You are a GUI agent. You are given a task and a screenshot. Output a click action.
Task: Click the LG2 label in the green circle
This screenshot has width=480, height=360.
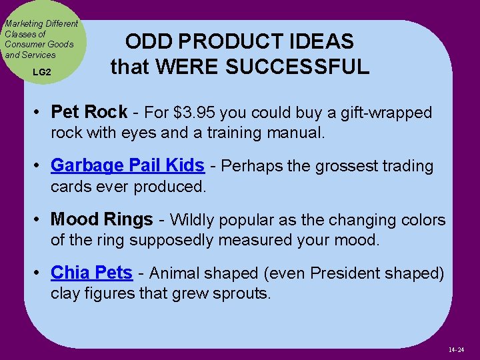41,71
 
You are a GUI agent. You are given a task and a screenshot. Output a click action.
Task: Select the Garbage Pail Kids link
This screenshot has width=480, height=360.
127,165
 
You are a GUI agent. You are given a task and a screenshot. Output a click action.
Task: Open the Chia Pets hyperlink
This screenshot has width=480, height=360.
92,273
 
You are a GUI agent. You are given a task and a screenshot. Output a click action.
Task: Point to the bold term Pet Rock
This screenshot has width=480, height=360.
89,111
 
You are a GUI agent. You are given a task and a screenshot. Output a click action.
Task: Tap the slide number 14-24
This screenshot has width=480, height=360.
456,349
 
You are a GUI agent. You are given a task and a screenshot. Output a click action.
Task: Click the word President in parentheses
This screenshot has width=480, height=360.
344,273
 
